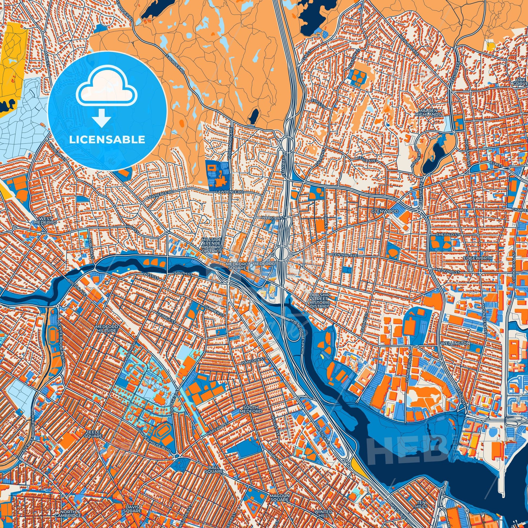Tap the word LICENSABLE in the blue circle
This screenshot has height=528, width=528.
click(x=107, y=140)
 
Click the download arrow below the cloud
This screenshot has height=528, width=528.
click(x=101, y=117)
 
